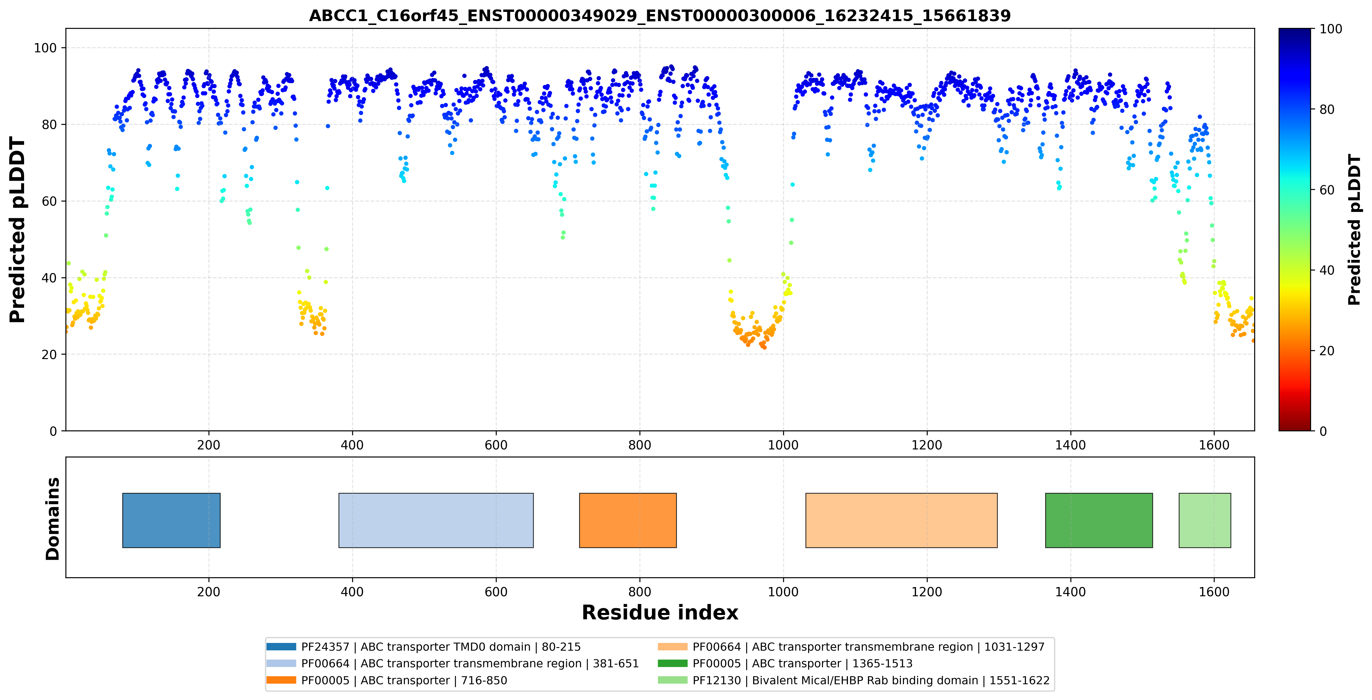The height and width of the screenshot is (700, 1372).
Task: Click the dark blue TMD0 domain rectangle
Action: (x=172, y=520)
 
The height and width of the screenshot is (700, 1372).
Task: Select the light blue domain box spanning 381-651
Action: (x=436, y=520)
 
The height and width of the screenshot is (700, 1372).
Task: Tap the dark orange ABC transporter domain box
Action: (x=628, y=520)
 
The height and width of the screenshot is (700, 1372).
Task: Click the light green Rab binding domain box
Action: (x=1205, y=520)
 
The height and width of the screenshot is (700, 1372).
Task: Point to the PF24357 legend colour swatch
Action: (x=281, y=647)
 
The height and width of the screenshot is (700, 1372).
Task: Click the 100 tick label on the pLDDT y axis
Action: (x=45, y=48)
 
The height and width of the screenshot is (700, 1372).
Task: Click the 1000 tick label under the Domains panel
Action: (x=783, y=592)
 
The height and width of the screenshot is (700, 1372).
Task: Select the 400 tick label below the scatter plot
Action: (x=352, y=445)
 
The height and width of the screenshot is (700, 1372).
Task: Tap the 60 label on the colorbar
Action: (x=1327, y=190)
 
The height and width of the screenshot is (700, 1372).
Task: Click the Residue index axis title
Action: (x=660, y=613)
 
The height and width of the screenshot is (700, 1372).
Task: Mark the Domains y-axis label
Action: (x=53, y=518)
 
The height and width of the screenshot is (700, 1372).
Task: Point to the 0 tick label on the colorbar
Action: (x=1323, y=431)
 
